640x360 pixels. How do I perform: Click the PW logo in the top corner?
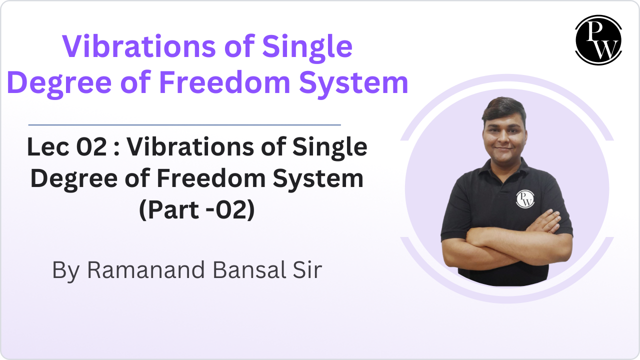pyautogui.click(x=598, y=40)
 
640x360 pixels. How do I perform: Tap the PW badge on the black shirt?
pyautogui.click(x=524, y=198)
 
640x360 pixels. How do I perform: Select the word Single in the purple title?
pyautogui.click(x=307, y=46)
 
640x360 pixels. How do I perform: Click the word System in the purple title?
pyautogui.click(x=353, y=83)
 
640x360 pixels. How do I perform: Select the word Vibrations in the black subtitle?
pyautogui.click(x=202, y=147)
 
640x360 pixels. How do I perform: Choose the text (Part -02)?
pyautogui.click(x=197, y=210)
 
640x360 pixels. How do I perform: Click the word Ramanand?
pyautogui.click(x=147, y=270)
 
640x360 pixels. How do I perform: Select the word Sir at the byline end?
pyautogui.click(x=306, y=270)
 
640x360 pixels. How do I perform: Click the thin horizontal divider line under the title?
pyautogui.click(x=184, y=124)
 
